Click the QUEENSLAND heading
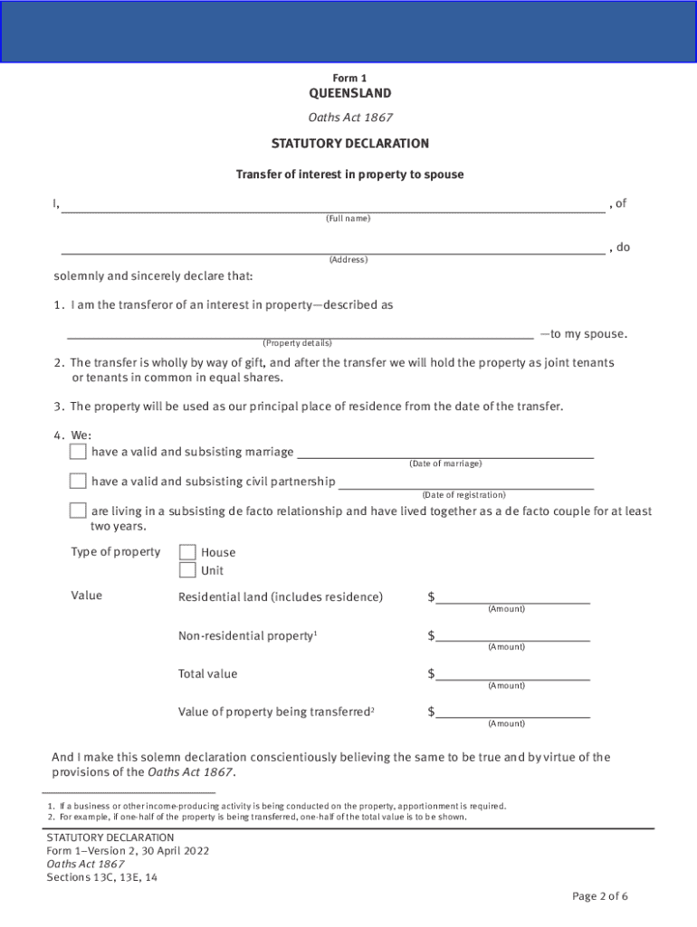point(349,93)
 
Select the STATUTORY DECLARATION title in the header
point(349,143)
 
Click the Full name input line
point(332,204)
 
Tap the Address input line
point(332,247)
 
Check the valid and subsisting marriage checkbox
point(79,451)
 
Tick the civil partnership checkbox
point(79,481)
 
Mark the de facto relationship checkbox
point(79,511)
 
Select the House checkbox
point(187,552)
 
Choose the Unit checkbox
point(187,570)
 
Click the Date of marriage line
point(444,452)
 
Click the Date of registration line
point(465,482)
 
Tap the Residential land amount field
point(512,597)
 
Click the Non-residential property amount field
point(512,636)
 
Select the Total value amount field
point(512,674)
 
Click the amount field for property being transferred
point(512,712)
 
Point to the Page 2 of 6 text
point(599,896)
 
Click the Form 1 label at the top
point(349,78)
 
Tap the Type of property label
point(115,552)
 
